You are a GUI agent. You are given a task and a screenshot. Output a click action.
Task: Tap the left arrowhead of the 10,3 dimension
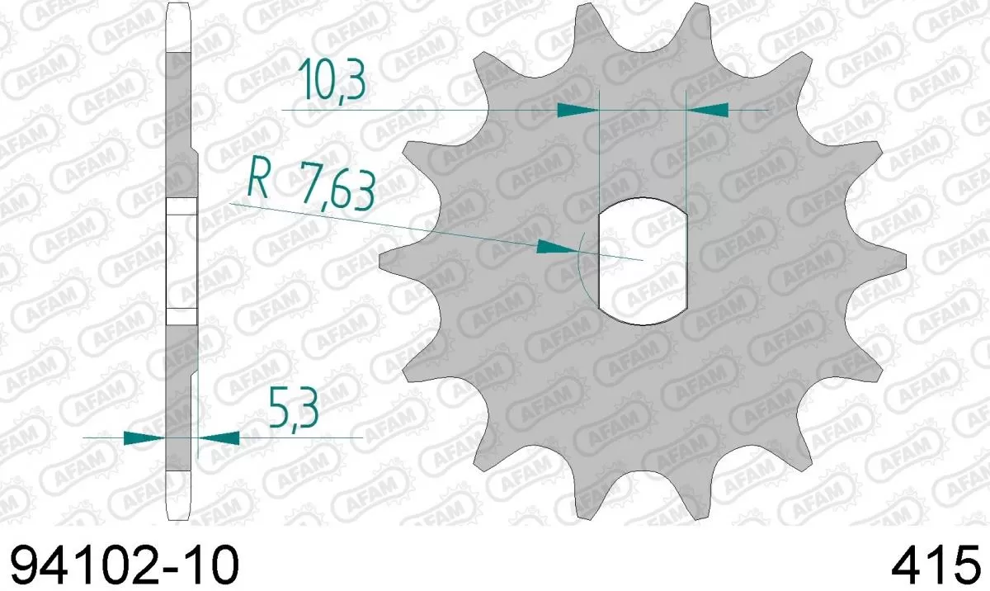577,109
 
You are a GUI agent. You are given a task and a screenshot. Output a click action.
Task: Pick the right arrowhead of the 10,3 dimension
708,109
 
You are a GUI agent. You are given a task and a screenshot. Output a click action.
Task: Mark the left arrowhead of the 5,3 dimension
143,437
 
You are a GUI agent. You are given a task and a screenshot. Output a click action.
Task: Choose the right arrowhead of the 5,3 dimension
219,437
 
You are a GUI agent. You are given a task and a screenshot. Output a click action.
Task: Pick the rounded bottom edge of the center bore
642,321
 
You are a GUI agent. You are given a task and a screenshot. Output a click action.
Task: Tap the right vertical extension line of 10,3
686,149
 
